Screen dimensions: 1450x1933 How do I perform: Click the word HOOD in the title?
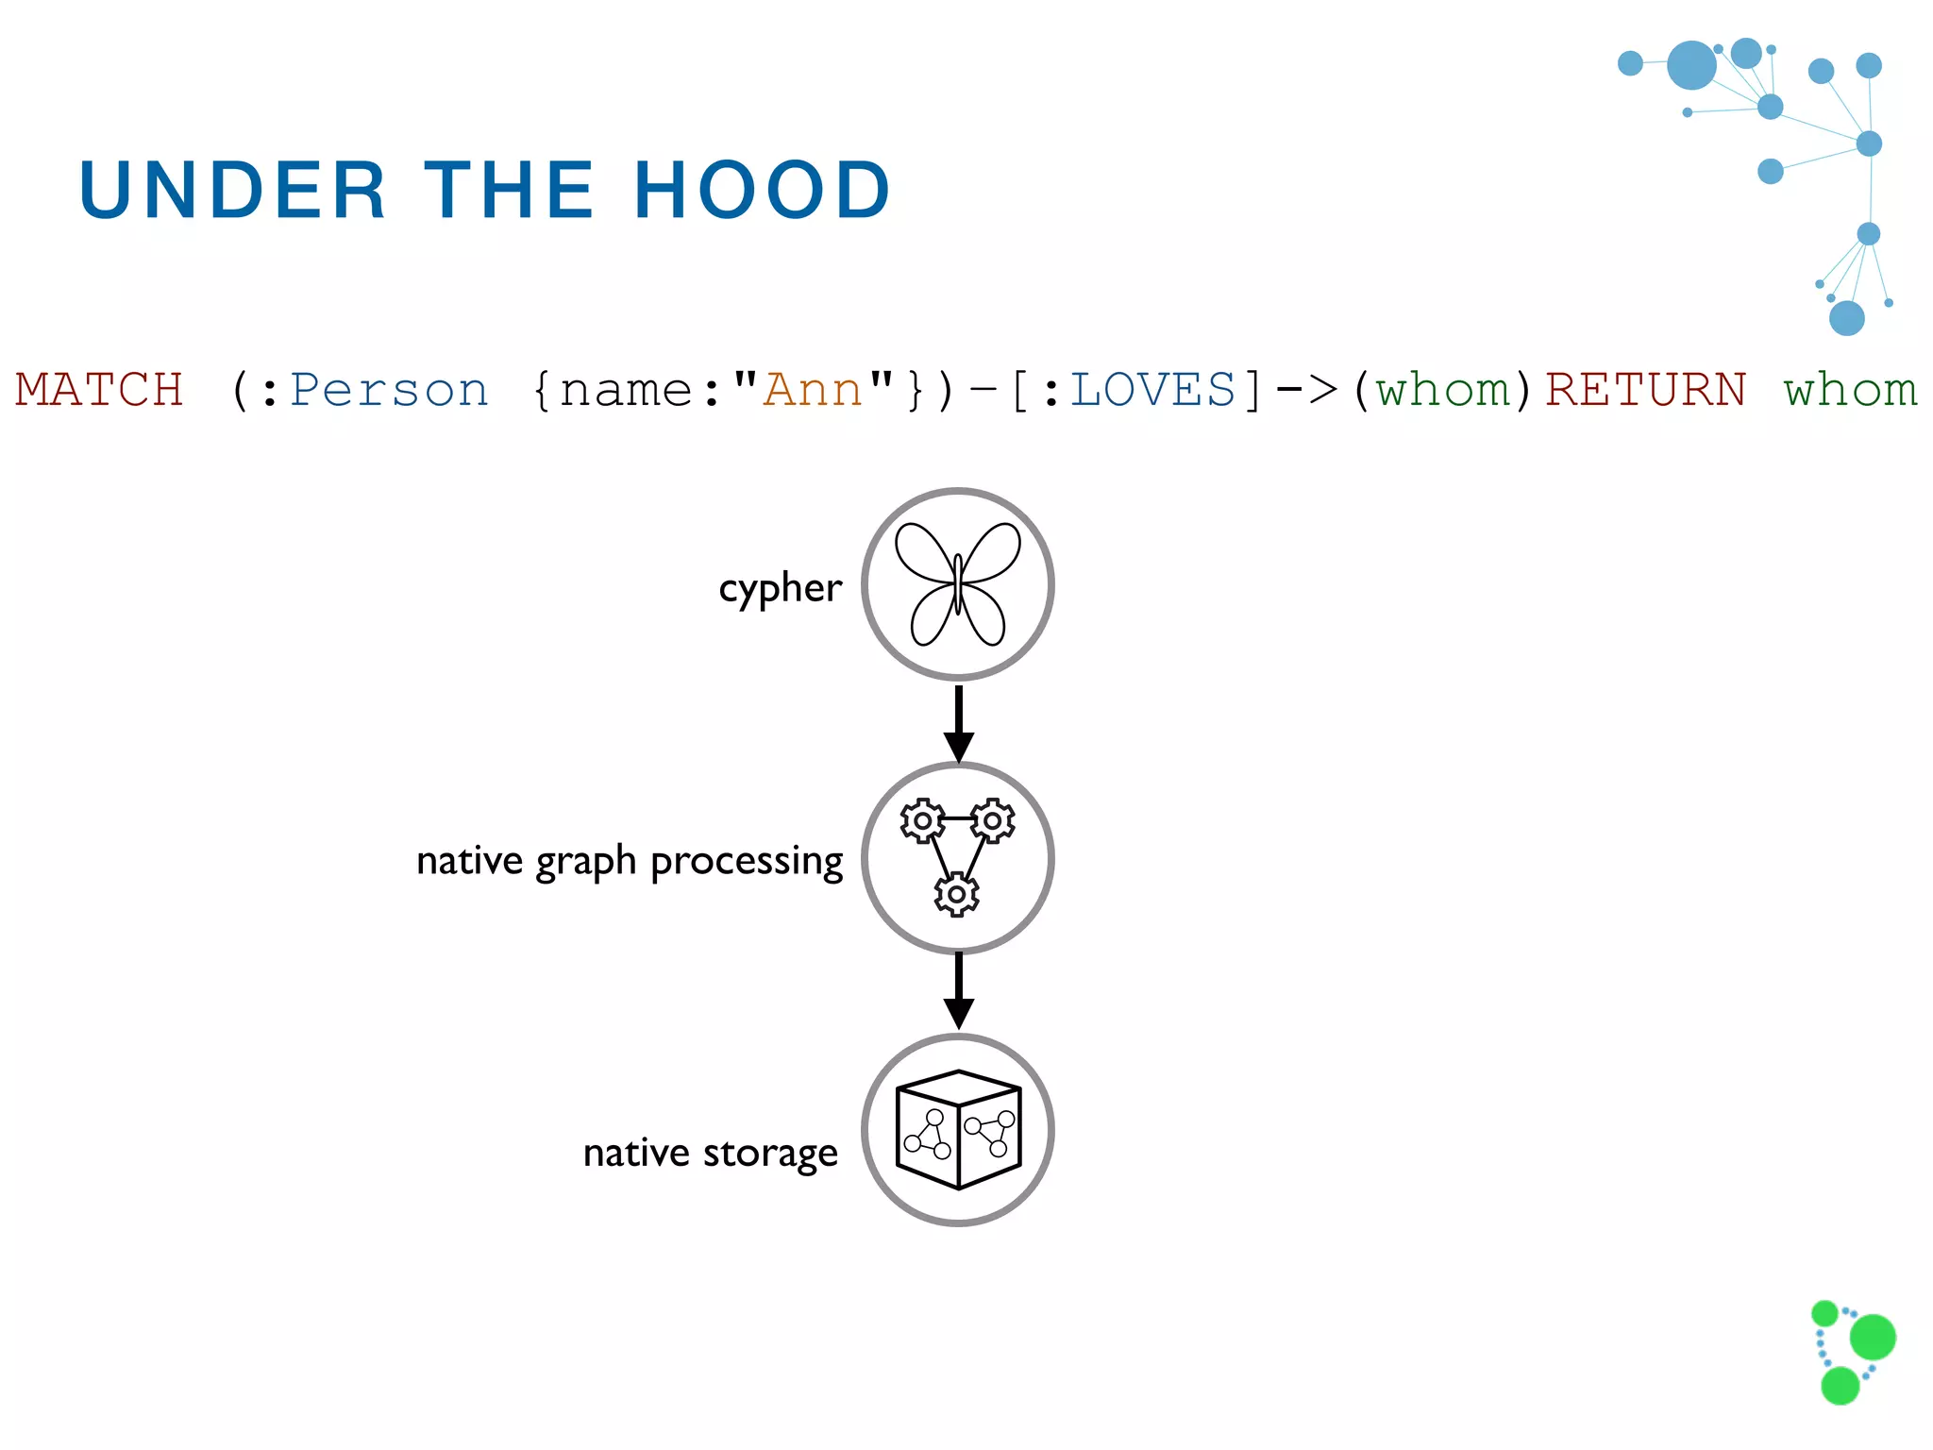(761, 190)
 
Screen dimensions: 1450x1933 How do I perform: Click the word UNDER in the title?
(232, 190)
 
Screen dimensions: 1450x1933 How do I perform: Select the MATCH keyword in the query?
(99, 390)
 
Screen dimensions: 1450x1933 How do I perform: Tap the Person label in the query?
(389, 390)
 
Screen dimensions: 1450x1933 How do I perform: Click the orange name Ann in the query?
(813, 390)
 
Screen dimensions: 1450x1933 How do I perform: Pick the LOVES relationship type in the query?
(1152, 390)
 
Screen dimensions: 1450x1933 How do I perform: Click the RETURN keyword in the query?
(1645, 390)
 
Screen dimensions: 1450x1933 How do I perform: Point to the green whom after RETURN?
(1851, 390)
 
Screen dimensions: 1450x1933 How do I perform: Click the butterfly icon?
(957, 584)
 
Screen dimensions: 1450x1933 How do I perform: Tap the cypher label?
(780, 588)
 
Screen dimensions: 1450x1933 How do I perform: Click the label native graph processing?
(630, 861)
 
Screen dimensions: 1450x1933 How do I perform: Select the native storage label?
(710, 1153)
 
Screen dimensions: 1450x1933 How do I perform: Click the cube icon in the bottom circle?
(958, 1130)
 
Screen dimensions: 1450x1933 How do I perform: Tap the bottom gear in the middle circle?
(956, 893)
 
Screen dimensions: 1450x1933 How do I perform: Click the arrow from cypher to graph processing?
(958, 723)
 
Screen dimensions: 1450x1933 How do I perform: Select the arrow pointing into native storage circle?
(958, 991)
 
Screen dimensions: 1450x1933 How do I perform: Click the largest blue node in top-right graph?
(1691, 65)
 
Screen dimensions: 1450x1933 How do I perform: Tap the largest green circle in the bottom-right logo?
(1873, 1337)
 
